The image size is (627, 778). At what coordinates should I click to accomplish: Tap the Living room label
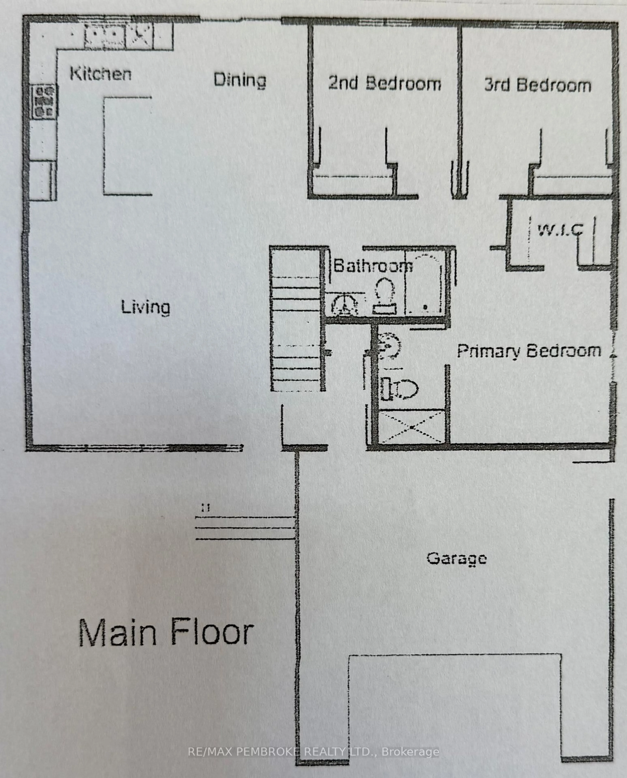coord(145,307)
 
